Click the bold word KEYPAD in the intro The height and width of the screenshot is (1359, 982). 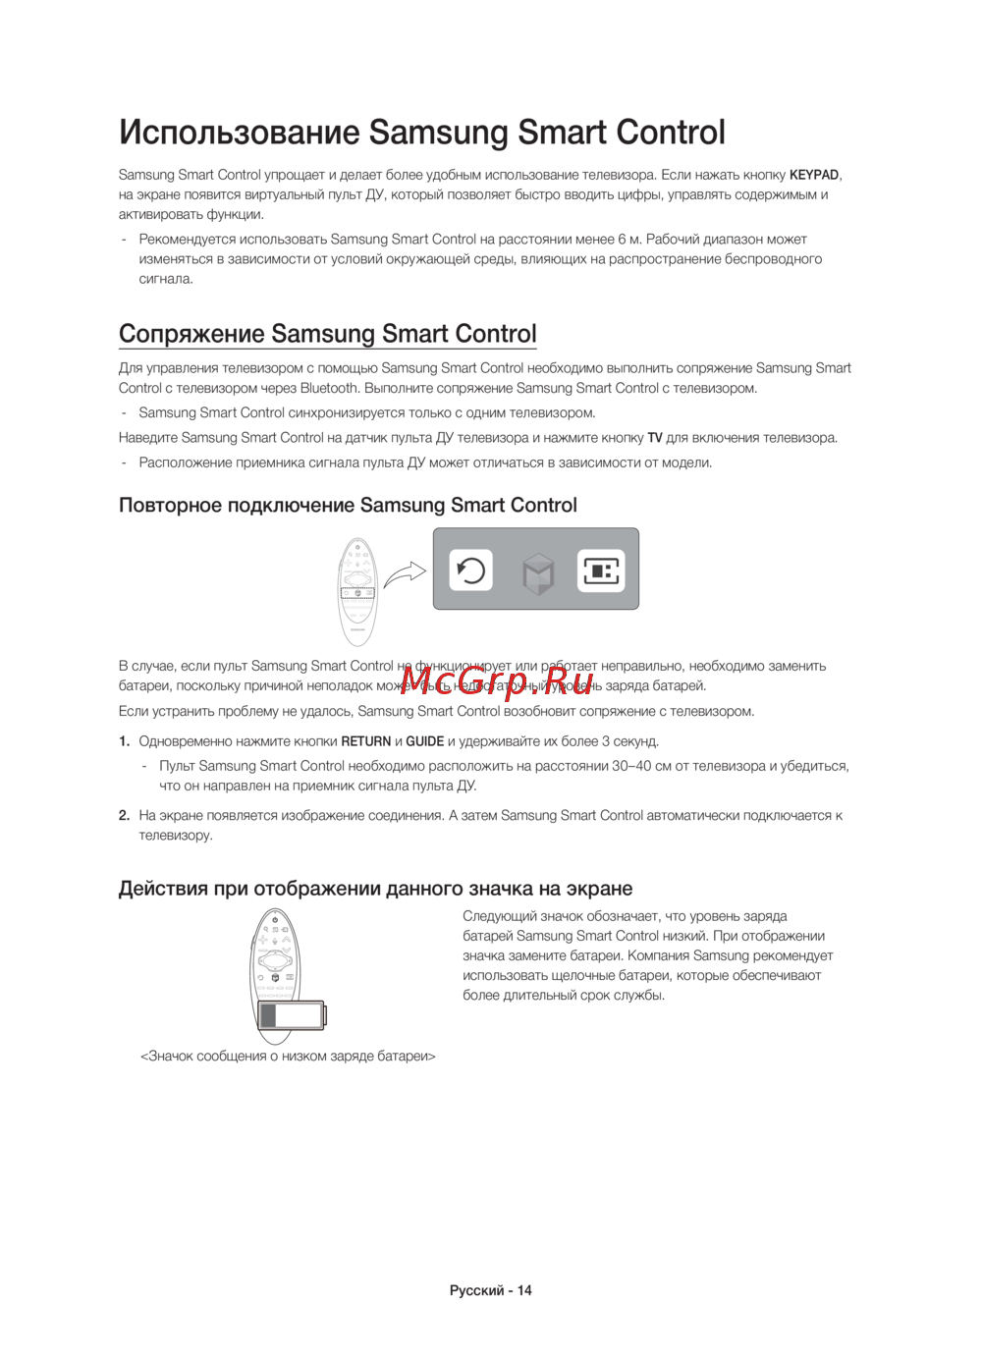(x=814, y=175)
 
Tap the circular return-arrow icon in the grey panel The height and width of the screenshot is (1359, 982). (x=471, y=571)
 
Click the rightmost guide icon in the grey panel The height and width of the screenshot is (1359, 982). (x=601, y=571)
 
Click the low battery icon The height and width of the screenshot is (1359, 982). (x=291, y=1015)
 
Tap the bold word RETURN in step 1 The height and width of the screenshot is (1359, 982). (x=366, y=741)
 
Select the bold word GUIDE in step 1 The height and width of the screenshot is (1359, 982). (x=425, y=741)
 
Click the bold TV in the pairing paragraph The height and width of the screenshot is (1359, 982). (x=655, y=438)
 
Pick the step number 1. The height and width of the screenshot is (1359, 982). (x=124, y=741)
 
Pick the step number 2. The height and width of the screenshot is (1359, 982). (x=124, y=815)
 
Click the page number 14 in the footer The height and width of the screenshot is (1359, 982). (x=524, y=1290)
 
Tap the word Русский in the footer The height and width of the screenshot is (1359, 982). (x=476, y=1290)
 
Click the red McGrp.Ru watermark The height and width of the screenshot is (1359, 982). (x=497, y=678)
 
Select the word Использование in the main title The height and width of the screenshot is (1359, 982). (x=239, y=133)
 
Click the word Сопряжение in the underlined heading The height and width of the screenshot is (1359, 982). (x=191, y=334)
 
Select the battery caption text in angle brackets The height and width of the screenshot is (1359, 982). (x=288, y=1057)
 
